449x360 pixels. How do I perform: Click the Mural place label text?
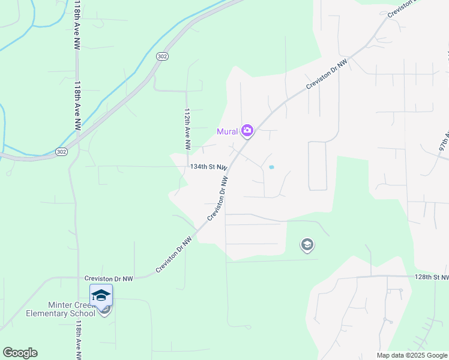coord(228,131)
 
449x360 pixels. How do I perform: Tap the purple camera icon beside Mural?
coord(247,130)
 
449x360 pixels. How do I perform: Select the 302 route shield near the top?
coord(162,56)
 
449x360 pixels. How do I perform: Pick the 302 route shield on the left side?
coord(61,152)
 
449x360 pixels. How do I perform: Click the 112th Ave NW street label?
coord(187,129)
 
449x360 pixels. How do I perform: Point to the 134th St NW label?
coord(208,167)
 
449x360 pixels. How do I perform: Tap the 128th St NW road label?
coord(431,277)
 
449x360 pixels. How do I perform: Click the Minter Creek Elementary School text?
coord(61,309)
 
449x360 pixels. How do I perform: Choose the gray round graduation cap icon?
coord(307,245)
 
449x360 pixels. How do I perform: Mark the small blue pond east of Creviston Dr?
coord(271,167)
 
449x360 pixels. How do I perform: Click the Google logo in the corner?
coord(20,353)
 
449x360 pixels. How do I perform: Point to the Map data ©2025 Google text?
coord(412,355)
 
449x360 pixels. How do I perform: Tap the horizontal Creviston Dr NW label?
coord(109,278)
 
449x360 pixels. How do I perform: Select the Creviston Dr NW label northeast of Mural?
coord(327,75)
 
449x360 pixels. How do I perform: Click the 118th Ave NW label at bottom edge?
coord(79,340)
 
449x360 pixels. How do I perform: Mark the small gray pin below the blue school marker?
coord(105,310)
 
